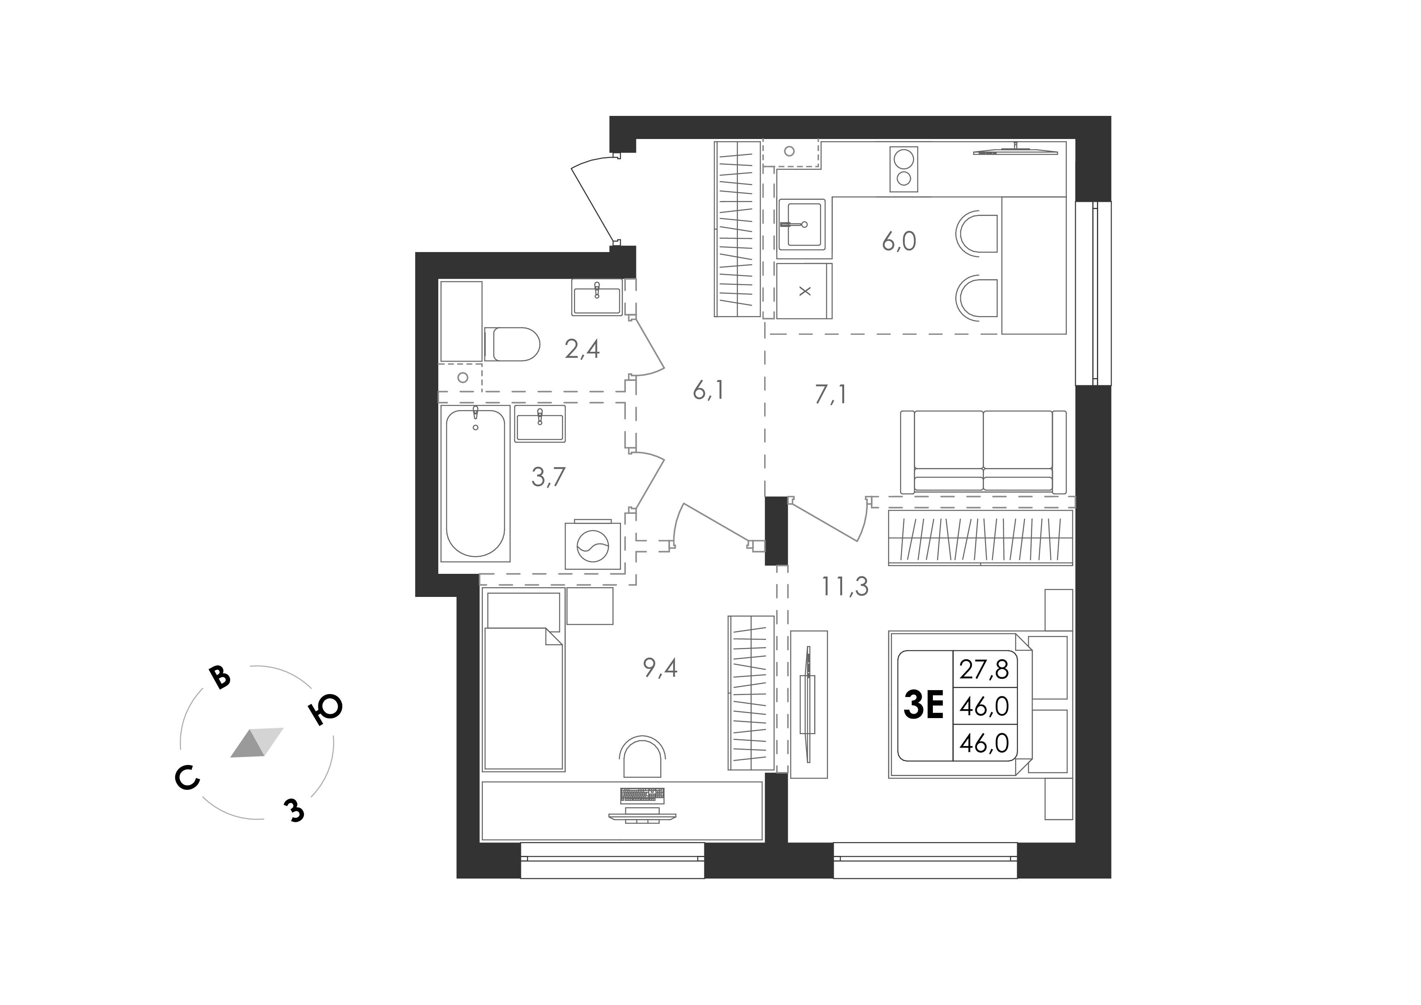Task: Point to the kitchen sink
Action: pos(802,224)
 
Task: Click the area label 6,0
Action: pos(898,242)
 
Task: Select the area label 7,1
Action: pos(830,394)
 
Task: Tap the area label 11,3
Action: pos(845,586)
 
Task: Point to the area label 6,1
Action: pos(708,391)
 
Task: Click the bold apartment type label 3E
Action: pos(924,705)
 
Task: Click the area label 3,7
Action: pos(548,477)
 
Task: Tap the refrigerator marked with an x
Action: pos(804,291)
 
